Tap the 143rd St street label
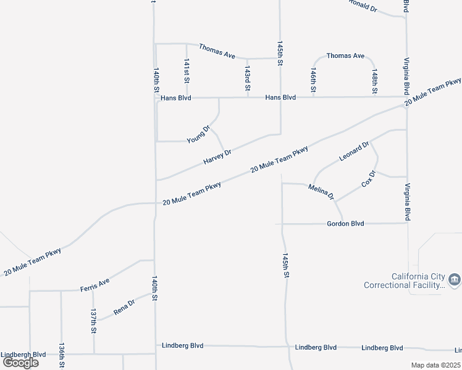click(248, 80)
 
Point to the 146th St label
click(314, 81)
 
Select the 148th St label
click(375, 81)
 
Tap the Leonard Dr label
click(354, 152)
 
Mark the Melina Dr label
click(321, 192)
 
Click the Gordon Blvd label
click(345, 224)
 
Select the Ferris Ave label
click(94, 285)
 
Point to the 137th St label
click(93, 321)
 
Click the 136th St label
click(62, 356)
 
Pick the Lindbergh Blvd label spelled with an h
click(23, 355)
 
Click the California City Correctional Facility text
click(404, 281)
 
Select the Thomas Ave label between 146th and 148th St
click(345, 55)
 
